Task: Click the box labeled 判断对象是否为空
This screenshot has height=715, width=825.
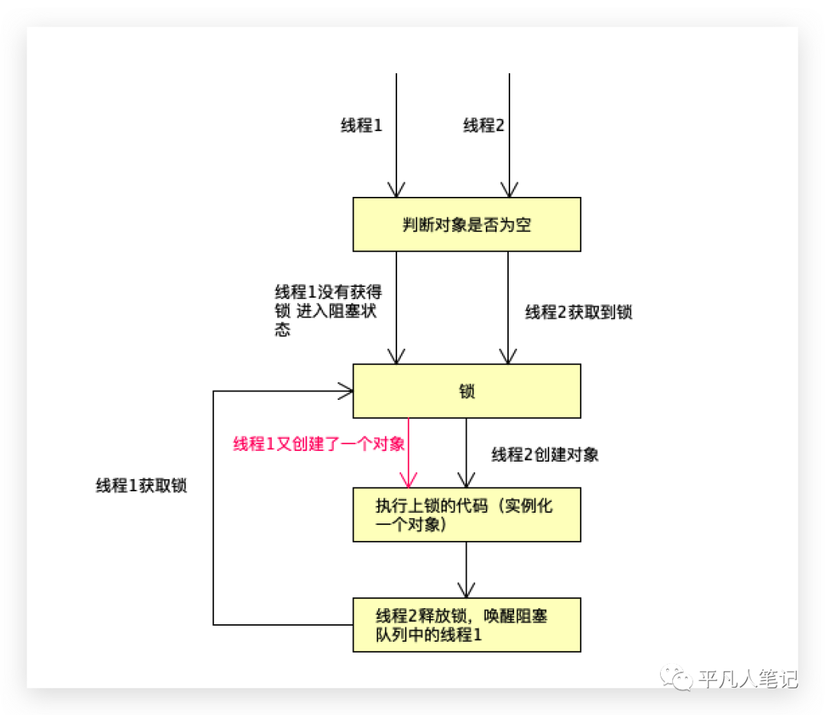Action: click(466, 224)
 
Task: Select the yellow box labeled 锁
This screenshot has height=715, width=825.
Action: click(466, 391)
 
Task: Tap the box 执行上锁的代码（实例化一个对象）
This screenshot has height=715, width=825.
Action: click(466, 515)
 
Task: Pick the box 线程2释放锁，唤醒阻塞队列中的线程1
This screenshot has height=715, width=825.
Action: click(466, 625)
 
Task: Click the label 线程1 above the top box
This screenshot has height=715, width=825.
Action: click(361, 126)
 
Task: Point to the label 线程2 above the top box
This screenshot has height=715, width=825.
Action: click(484, 126)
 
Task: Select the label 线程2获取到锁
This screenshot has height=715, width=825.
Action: click(578, 312)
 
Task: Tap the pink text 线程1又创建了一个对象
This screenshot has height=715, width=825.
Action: click(319, 444)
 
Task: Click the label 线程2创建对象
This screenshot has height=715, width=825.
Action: click(545, 455)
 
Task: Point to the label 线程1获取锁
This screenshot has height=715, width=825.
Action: click(141, 486)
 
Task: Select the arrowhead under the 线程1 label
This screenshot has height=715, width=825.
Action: click(396, 189)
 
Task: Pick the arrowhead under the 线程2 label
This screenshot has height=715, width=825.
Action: click(509, 189)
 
